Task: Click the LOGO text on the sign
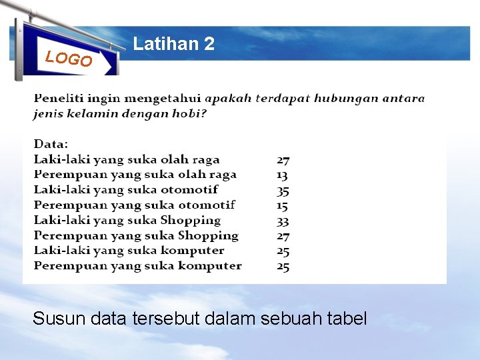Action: (68, 59)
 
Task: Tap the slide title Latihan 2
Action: (174, 44)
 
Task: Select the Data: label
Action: (51, 144)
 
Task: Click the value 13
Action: (283, 175)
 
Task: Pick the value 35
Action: (283, 190)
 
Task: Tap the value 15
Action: (283, 205)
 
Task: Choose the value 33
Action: (283, 221)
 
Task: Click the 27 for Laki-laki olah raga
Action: (283, 160)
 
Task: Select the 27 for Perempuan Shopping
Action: (283, 236)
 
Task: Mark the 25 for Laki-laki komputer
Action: (283, 251)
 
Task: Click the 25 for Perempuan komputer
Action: (283, 266)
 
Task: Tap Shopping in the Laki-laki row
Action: (190, 221)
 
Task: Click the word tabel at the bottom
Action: (348, 319)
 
